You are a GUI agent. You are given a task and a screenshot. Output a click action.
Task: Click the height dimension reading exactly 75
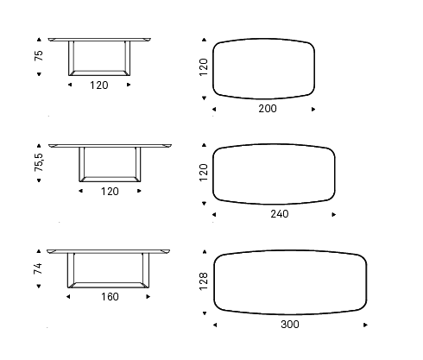click(x=39, y=55)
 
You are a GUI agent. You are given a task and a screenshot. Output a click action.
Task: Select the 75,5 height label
click(x=39, y=162)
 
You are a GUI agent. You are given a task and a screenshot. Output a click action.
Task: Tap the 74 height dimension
click(x=38, y=268)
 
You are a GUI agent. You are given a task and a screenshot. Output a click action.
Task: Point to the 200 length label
click(x=268, y=109)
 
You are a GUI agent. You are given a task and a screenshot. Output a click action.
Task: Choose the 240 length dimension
click(x=280, y=214)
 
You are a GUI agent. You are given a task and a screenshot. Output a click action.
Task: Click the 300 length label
click(x=290, y=325)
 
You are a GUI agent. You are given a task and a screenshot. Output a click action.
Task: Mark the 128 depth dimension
click(x=204, y=281)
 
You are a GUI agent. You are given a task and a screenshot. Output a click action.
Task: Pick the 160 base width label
click(x=110, y=297)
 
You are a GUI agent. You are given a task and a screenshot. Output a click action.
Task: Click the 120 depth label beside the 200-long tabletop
click(x=204, y=67)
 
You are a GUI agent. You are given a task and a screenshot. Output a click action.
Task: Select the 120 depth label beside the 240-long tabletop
click(x=204, y=173)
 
